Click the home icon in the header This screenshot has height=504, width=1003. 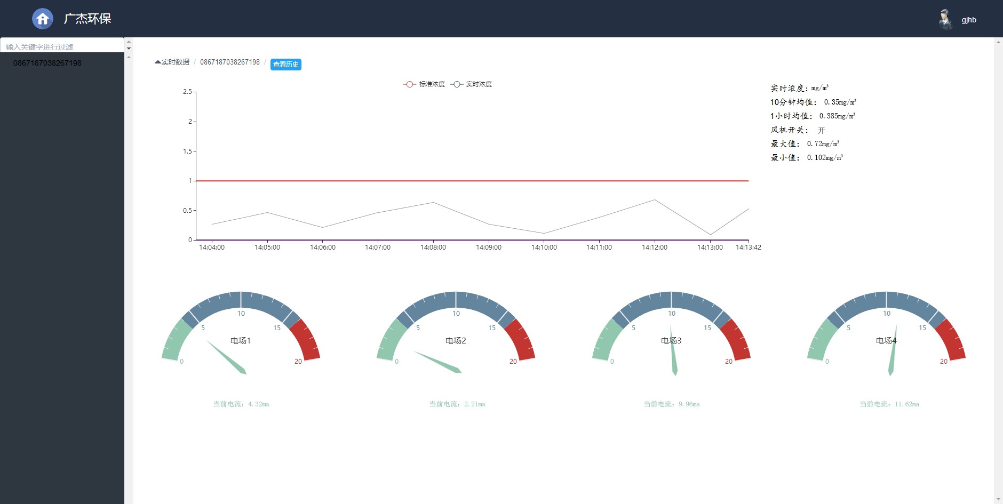point(43,19)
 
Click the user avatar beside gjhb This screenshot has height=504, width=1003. point(945,20)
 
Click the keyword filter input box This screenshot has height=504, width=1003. point(62,46)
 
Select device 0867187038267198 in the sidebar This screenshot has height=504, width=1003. point(47,63)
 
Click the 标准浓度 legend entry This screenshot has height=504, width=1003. point(424,84)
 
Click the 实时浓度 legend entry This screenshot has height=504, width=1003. point(472,84)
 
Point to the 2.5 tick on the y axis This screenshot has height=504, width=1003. point(187,92)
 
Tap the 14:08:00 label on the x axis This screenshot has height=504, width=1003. point(433,247)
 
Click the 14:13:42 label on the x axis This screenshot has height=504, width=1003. point(748,247)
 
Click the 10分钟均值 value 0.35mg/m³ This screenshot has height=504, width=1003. point(840,102)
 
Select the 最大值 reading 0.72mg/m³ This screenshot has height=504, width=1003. point(823,143)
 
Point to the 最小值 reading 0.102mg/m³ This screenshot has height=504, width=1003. point(825,157)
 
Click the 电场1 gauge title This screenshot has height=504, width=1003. point(241,341)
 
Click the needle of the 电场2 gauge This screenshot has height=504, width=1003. point(437,362)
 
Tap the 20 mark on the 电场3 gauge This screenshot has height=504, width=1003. point(728,362)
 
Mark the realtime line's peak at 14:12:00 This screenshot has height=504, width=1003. point(655,200)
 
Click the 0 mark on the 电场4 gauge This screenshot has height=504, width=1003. point(827,362)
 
